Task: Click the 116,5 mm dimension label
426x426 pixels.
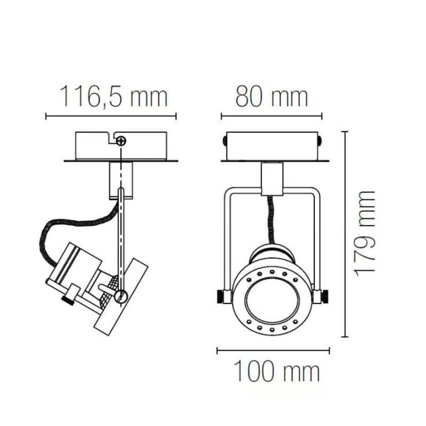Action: click(x=112, y=97)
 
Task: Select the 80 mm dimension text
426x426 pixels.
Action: click(x=272, y=97)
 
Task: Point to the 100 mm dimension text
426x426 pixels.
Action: click(x=277, y=371)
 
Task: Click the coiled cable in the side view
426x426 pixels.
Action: click(x=64, y=229)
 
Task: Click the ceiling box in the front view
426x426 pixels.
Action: click(x=273, y=145)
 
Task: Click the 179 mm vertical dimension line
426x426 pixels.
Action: click(x=347, y=234)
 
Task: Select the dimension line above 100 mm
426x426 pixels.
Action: click(x=273, y=350)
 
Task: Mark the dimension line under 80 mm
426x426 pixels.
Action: click(x=272, y=116)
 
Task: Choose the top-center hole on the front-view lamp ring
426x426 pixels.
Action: click(x=272, y=272)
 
